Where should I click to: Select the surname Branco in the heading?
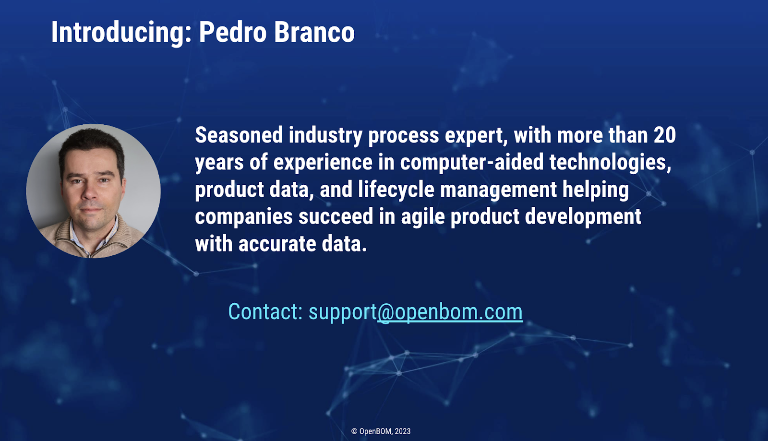[x=314, y=32]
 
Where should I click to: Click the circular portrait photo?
[x=93, y=191]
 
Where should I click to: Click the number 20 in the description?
[x=665, y=135]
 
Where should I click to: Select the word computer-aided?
[x=472, y=162]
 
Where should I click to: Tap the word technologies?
[x=610, y=163]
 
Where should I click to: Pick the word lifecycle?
[x=396, y=190]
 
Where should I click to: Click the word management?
[x=499, y=191]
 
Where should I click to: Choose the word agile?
[x=423, y=217]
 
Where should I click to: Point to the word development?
[x=583, y=217]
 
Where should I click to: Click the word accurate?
[x=277, y=244]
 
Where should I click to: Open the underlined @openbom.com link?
[x=450, y=312]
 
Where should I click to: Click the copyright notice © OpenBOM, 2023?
[x=381, y=431]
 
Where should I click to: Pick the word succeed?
[x=336, y=217]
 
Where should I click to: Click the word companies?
[x=244, y=217]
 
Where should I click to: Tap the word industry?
[x=325, y=136]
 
